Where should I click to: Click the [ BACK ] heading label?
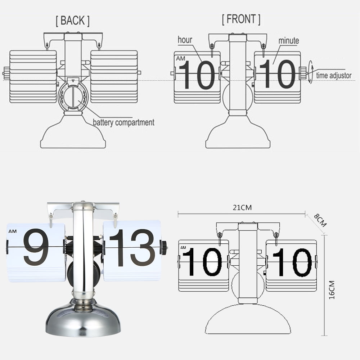click(72, 21)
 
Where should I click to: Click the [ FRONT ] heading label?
click(241, 19)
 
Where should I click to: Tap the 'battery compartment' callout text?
click(123, 122)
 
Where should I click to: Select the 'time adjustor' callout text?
click(334, 76)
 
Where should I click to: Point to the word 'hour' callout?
click(185, 40)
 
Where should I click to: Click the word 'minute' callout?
click(288, 41)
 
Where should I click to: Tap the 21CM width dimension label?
click(242, 207)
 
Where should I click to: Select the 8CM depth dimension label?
click(320, 220)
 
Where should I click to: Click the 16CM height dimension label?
click(332, 290)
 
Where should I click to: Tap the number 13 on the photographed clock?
click(132, 247)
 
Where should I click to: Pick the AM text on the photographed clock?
click(13, 231)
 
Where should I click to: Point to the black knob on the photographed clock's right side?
click(164, 248)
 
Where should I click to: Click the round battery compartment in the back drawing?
click(73, 96)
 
